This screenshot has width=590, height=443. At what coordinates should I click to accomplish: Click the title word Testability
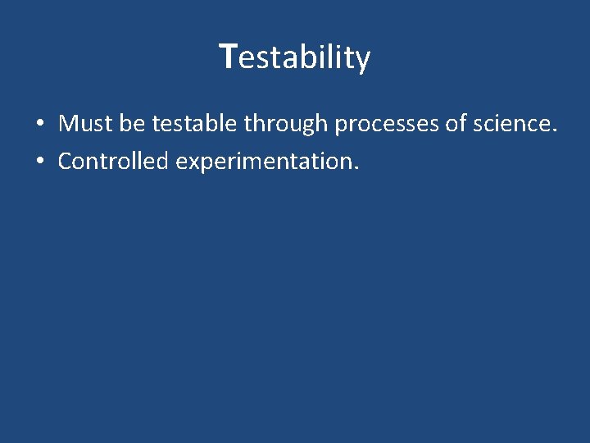click(296, 57)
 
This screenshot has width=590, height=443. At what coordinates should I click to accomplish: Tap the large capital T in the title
click(229, 56)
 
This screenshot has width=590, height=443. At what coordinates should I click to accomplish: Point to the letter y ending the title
click(363, 61)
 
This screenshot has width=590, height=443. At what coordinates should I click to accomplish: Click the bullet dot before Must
click(39, 125)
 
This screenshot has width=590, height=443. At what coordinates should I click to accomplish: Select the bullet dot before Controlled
click(39, 162)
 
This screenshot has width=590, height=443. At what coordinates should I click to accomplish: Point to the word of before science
click(455, 124)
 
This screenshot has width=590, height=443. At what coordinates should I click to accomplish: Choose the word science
click(511, 124)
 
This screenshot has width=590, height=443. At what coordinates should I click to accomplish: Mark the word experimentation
click(265, 162)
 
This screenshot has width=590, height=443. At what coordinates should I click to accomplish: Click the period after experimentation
click(356, 168)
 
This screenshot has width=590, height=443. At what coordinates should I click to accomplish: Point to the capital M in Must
click(67, 124)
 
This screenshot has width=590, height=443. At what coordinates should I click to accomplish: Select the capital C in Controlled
click(65, 161)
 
